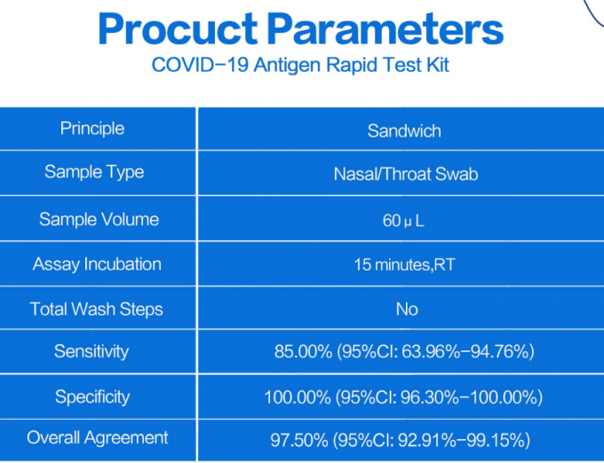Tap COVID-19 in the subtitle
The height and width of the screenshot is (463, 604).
[192, 65]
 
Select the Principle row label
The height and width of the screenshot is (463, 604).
[92, 129]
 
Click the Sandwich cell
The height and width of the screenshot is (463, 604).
[404, 131]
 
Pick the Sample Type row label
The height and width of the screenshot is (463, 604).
[94, 172]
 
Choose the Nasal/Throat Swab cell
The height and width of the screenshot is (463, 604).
[405, 175]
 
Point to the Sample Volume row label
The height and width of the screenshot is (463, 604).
[99, 219]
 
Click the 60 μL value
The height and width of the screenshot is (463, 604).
[403, 221]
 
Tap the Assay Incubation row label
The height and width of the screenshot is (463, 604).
[97, 264]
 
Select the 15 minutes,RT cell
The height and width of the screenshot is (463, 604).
[404, 265]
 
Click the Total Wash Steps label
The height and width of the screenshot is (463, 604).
[97, 310]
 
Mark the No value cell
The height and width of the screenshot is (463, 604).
[406, 310]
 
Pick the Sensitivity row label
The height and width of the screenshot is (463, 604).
[91, 351]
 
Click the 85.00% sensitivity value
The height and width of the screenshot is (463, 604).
[303, 352]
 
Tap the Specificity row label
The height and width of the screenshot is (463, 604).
[92, 396]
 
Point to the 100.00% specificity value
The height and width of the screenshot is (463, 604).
[298, 397]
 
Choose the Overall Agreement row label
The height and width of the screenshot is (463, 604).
[98, 437]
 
